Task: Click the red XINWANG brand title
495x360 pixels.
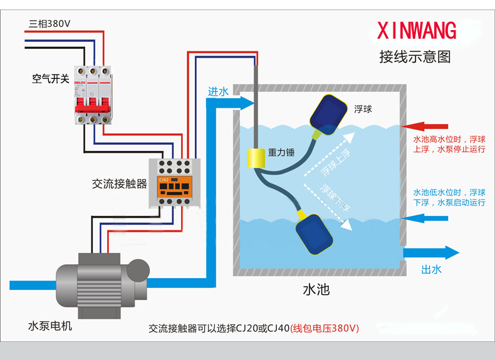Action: click(x=417, y=31)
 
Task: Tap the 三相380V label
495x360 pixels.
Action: click(x=49, y=24)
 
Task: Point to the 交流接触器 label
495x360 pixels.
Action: click(x=119, y=184)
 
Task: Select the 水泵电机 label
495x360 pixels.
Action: click(x=50, y=326)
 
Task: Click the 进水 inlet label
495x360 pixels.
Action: click(x=218, y=91)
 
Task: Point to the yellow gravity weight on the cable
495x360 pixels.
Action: click(x=255, y=158)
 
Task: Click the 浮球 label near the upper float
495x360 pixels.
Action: click(x=363, y=108)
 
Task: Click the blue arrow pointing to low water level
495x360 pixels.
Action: click(x=425, y=219)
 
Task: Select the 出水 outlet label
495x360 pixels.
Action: click(x=431, y=270)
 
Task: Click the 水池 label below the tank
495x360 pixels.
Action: click(x=316, y=290)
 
